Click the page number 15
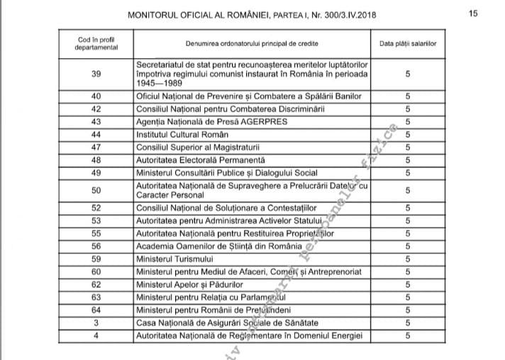click(474, 13)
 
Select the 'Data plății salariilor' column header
click(407, 43)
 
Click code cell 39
click(96, 73)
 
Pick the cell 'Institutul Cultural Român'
click(182, 135)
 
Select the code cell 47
click(96, 147)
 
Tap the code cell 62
click(96, 284)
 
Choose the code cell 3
click(96, 322)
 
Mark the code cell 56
click(96, 247)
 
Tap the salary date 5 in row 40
click(407, 96)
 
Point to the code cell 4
click(96, 334)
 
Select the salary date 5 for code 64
click(407, 309)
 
